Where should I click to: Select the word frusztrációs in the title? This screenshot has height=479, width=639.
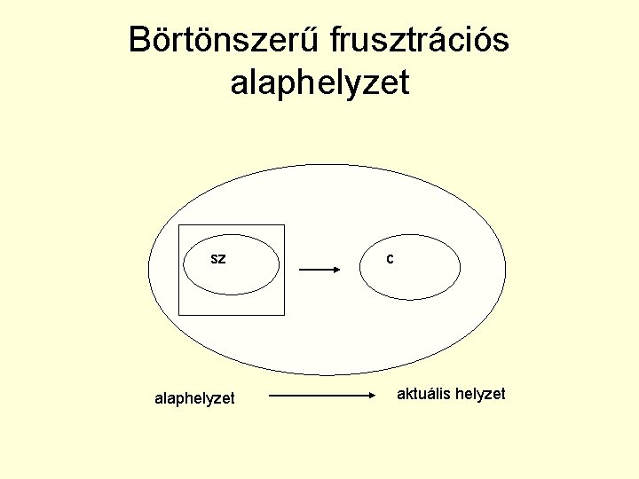point(420,41)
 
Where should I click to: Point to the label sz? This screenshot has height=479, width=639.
point(217,259)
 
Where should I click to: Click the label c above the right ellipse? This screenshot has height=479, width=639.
point(390,259)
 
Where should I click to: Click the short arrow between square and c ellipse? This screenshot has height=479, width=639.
point(319,270)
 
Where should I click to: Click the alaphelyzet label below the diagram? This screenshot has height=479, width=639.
point(194,399)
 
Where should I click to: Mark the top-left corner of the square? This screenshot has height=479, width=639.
point(179,225)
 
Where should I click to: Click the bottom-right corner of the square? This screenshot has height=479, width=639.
point(284,315)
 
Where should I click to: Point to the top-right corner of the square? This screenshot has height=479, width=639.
point(284,225)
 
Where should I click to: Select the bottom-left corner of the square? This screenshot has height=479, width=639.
point(179,315)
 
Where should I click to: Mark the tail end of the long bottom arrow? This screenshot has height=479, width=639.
point(270,396)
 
